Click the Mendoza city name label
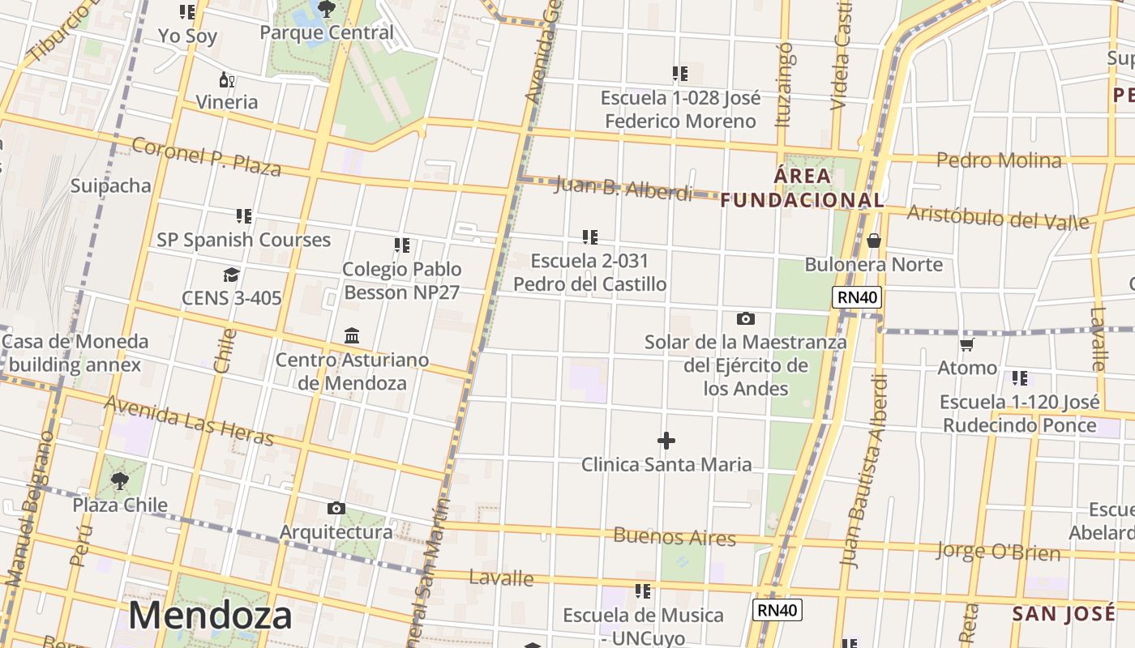click(210, 616)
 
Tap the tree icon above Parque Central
click(327, 10)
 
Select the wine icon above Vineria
click(227, 79)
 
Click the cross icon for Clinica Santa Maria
click(666, 441)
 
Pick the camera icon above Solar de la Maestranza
click(745, 319)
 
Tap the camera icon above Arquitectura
click(336, 509)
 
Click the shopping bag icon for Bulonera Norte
click(873, 241)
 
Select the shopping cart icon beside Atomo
click(966, 345)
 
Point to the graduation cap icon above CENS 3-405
click(231, 275)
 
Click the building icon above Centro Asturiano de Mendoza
click(352, 335)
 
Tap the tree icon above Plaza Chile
click(120, 481)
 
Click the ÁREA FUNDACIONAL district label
click(802, 188)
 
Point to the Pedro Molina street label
click(999, 160)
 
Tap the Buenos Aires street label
click(675, 536)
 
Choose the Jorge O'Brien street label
click(998, 552)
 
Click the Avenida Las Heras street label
click(189, 420)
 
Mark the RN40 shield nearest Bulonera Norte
click(858, 297)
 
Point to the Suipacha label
click(111, 185)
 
